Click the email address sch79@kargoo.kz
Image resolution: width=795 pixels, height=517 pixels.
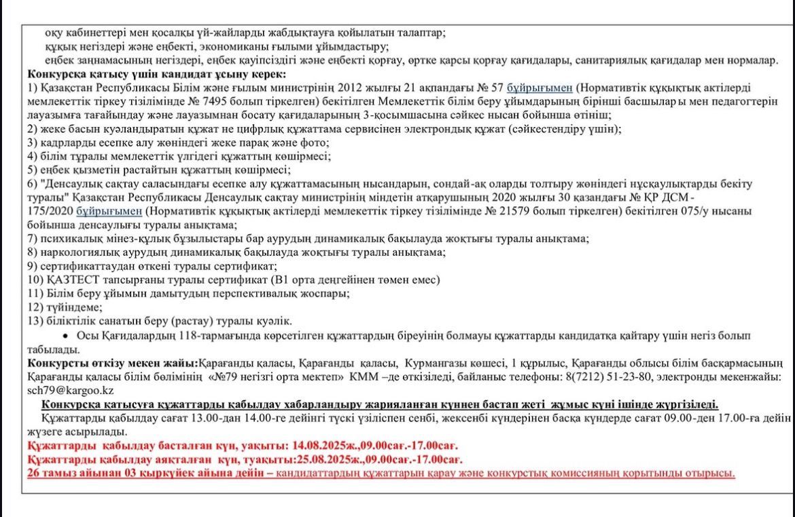pyautogui.click(x=71, y=391)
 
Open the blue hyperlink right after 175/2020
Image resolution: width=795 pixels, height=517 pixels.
pyautogui.click(x=104, y=211)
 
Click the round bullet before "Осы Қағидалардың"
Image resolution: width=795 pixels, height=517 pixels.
pyautogui.click(x=65, y=337)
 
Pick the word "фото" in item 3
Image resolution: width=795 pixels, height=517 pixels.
pyautogui.click(x=317, y=142)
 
